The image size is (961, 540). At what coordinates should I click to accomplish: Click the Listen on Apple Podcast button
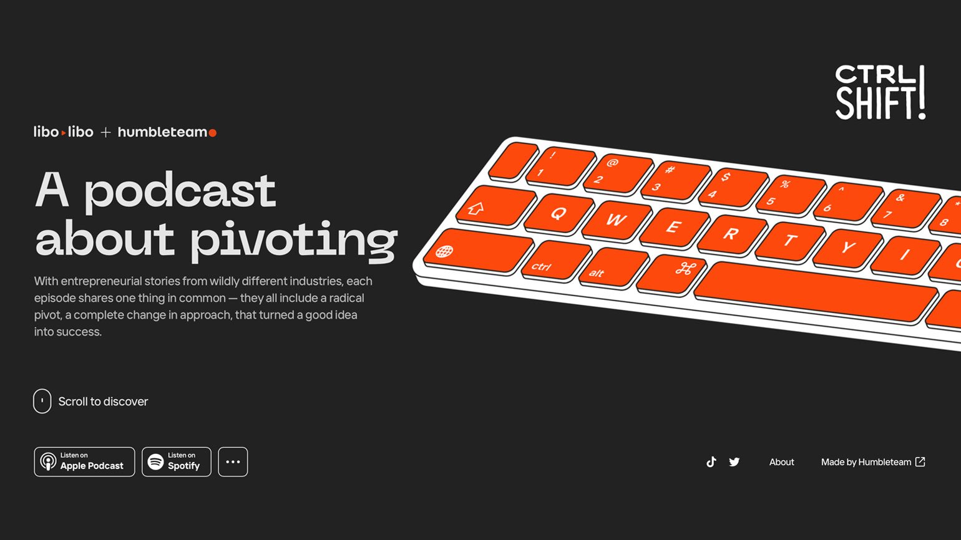click(x=84, y=461)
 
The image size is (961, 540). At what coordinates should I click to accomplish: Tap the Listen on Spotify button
click(x=177, y=461)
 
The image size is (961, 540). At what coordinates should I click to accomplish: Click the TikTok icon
click(x=711, y=461)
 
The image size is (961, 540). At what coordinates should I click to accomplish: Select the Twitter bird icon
click(x=734, y=462)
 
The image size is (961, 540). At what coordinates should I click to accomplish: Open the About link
click(x=781, y=462)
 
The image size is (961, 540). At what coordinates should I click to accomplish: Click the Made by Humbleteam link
click(x=873, y=462)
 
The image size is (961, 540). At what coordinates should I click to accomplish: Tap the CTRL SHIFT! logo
click(x=881, y=92)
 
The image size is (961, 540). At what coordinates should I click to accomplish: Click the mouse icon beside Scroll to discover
click(x=42, y=401)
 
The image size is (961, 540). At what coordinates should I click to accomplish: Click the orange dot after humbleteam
click(x=212, y=133)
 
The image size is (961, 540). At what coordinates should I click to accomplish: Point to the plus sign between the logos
click(x=105, y=133)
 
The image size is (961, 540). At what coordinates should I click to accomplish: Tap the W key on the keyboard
click(x=617, y=220)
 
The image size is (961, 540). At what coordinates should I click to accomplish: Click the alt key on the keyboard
click(x=614, y=268)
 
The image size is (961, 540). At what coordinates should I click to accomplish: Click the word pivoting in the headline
click(x=294, y=239)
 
